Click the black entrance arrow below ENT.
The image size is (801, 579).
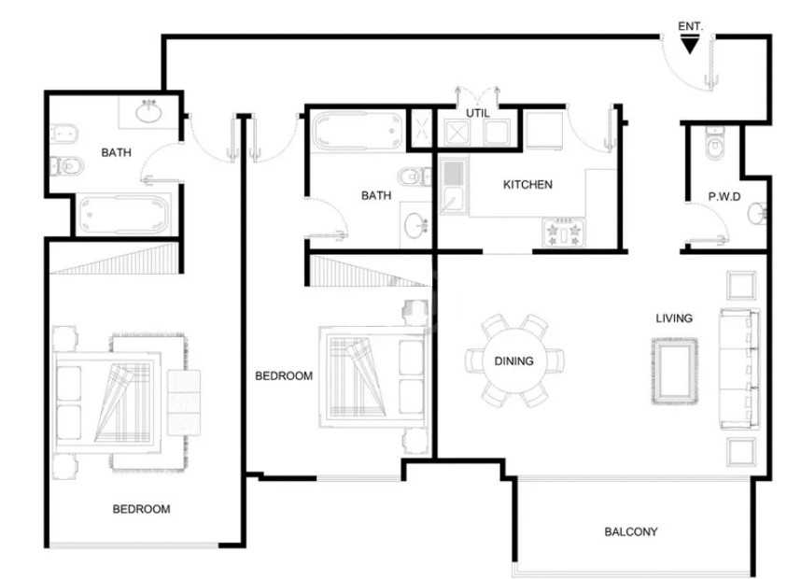[x=690, y=46]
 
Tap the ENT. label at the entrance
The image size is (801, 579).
[x=690, y=26]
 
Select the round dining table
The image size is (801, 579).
[x=513, y=360]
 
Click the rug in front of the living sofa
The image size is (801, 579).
[x=674, y=371]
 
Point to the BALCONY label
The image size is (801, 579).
[x=631, y=532]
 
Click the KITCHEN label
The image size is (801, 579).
[x=527, y=185]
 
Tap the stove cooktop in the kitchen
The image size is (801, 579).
[x=564, y=232]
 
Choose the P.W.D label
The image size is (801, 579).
[x=724, y=196]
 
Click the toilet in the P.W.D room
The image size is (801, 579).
[x=715, y=142]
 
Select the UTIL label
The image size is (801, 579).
[x=478, y=113]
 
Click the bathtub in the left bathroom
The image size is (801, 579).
[x=122, y=214]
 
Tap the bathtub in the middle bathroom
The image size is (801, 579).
[x=358, y=132]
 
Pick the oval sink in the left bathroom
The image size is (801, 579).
[x=148, y=113]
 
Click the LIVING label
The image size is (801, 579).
[x=674, y=318]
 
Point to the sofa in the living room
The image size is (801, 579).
[x=738, y=369]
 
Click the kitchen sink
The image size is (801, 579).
[x=453, y=186]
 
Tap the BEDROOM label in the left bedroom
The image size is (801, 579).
[x=142, y=509]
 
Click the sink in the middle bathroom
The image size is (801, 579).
[x=416, y=225]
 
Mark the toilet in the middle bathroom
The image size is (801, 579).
[x=415, y=177]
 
